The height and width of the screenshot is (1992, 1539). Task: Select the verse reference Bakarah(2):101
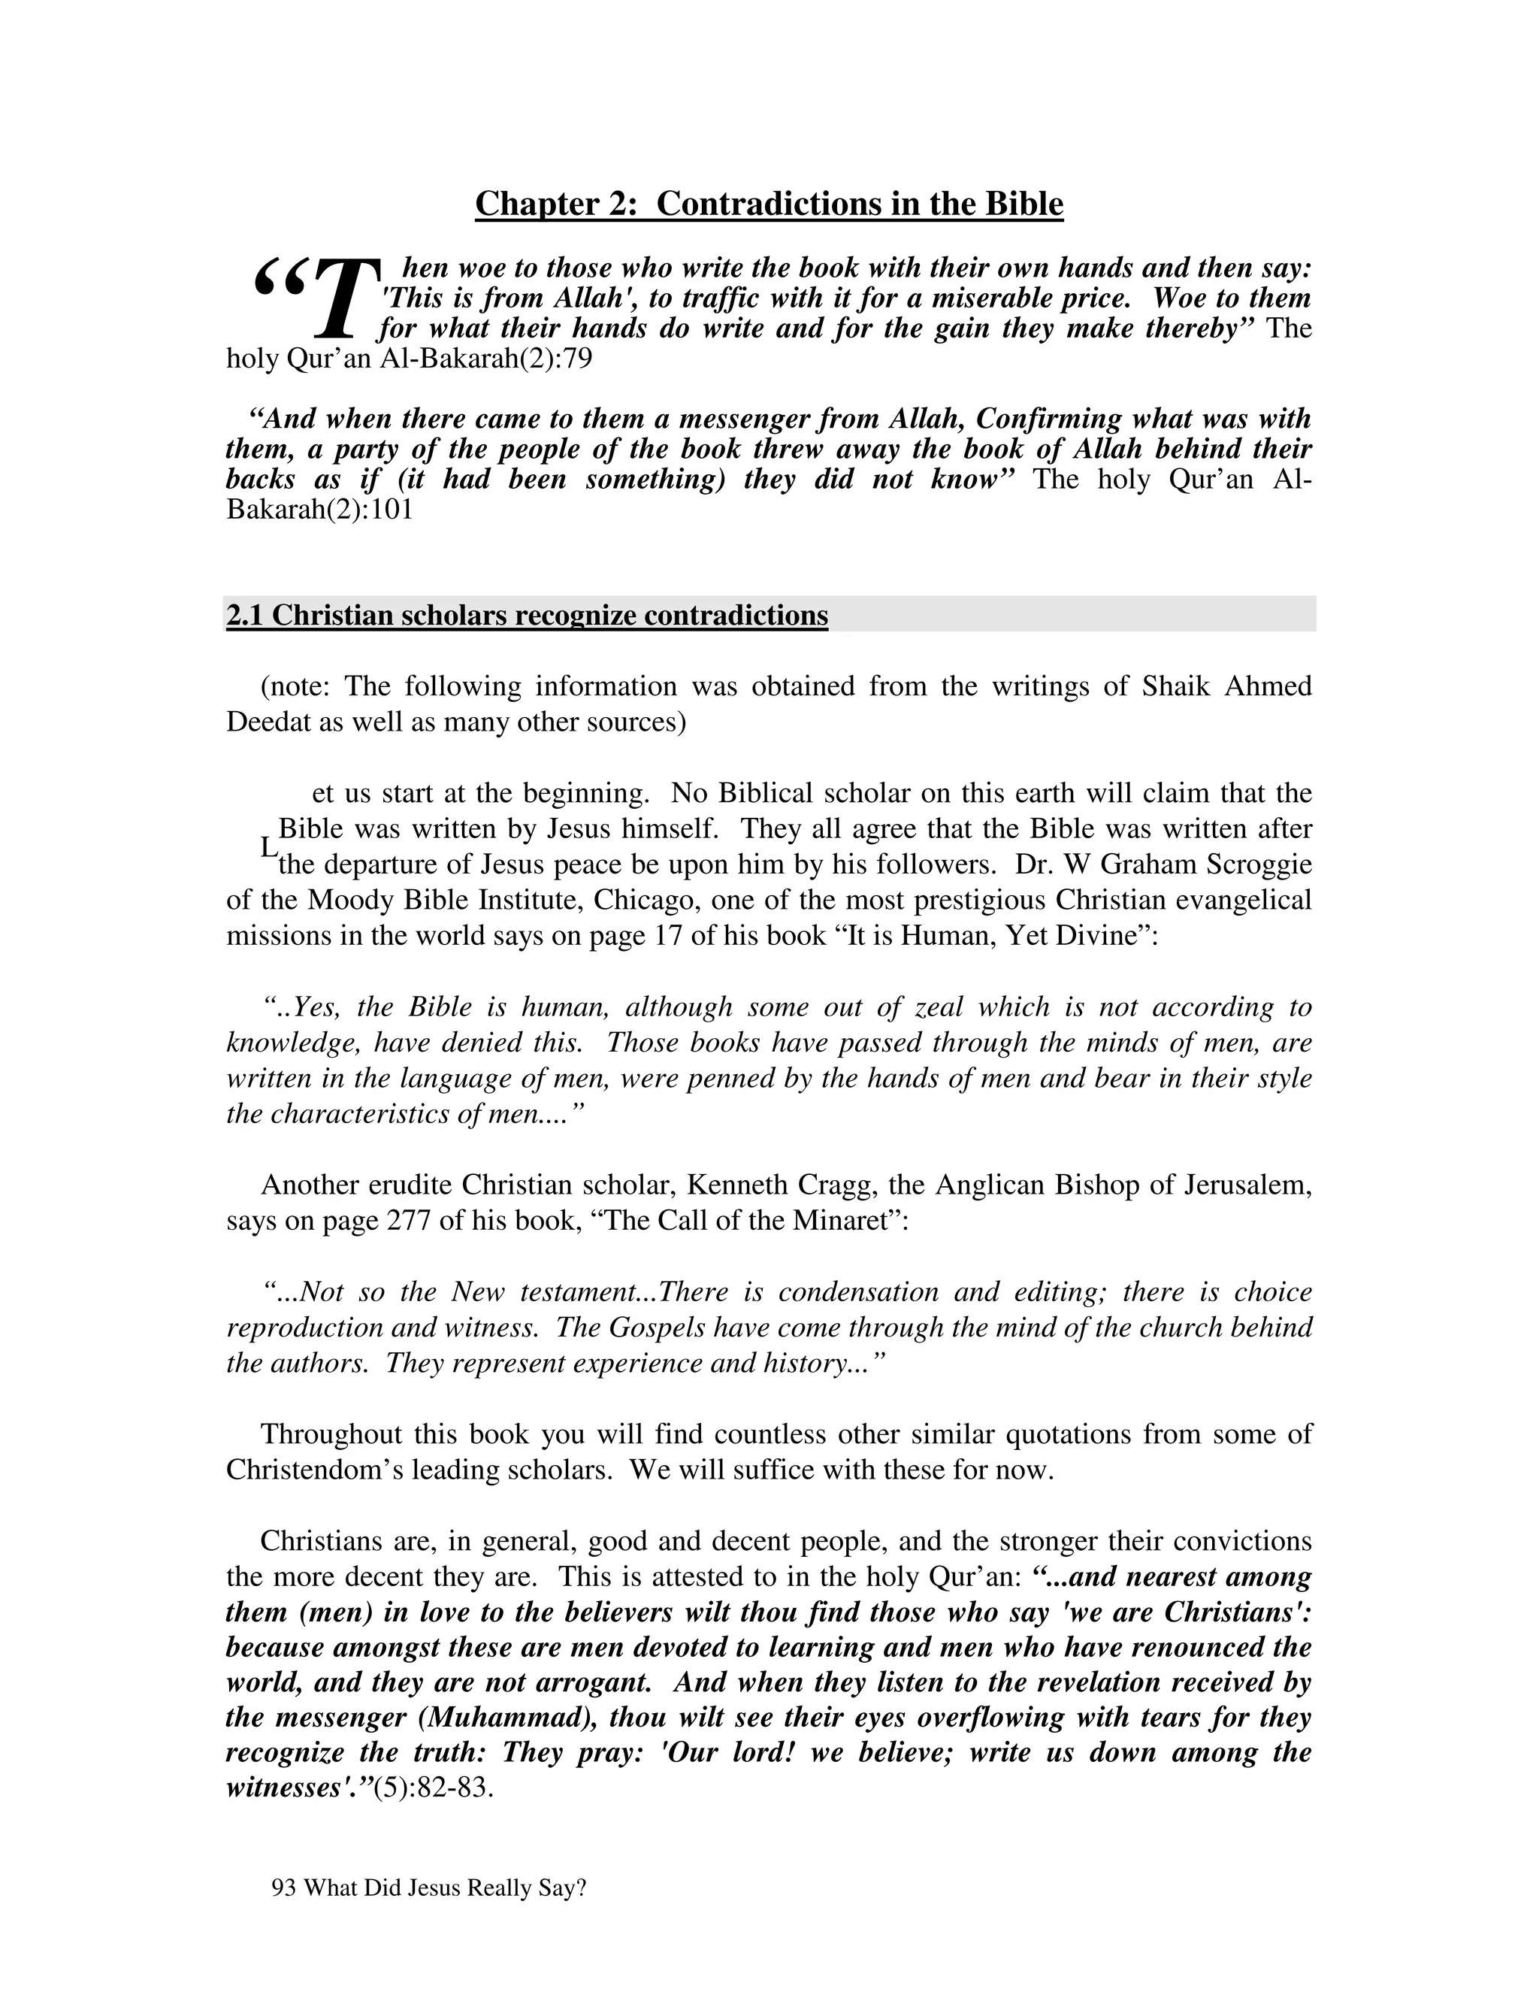tap(319, 509)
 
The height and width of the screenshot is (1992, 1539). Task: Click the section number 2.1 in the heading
tap(244, 616)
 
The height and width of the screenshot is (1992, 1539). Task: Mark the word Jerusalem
tap(1247, 1185)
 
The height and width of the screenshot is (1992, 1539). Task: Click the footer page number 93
tap(283, 1888)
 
